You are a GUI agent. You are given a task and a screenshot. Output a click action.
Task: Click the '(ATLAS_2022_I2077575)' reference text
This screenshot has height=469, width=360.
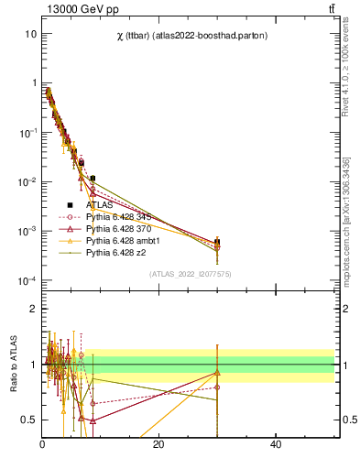[191, 274]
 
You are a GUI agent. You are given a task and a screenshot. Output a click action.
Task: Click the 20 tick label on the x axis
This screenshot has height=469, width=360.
[158, 445]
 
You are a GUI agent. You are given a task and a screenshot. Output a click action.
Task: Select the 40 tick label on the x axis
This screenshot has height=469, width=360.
[276, 445]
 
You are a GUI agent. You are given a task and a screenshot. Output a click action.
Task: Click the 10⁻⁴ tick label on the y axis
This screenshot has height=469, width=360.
[27, 280]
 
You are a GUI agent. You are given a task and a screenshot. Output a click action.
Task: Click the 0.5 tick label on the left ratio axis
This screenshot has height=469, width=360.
[27, 420]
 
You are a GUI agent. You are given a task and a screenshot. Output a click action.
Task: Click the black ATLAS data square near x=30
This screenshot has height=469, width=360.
[217, 243]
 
